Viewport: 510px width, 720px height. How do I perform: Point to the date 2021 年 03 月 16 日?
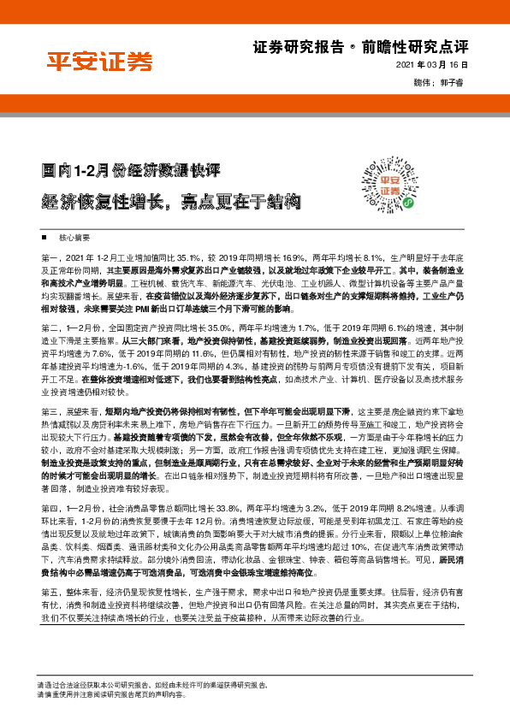(x=435, y=66)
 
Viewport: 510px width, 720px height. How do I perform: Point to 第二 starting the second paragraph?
(x=49, y=327)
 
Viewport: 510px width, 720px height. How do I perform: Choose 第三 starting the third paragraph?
(x=49, y=411)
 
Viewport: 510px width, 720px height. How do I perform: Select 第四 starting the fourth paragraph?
(x=49, y=508)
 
